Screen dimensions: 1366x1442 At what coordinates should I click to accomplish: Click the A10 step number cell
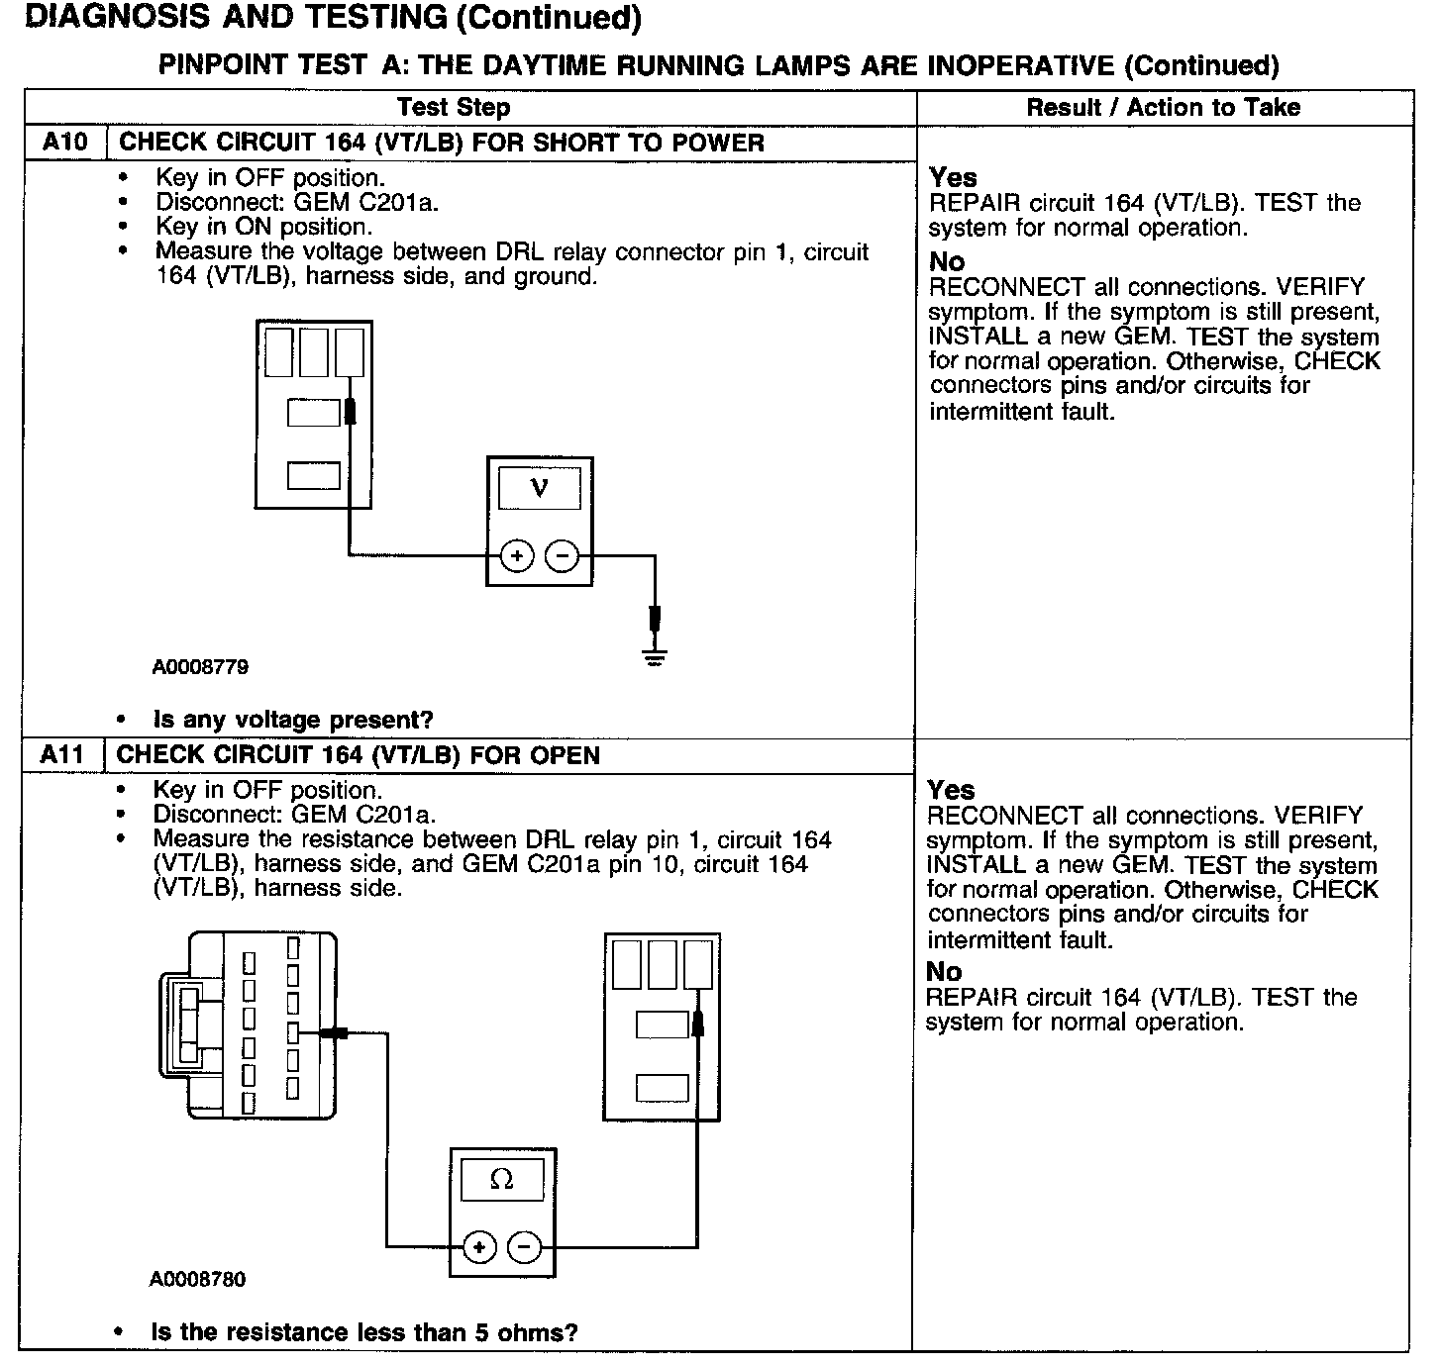pos(65,142)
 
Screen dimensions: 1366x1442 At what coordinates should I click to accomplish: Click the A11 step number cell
pos(63,755)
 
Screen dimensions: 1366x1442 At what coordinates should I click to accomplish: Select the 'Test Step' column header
pos(454,107)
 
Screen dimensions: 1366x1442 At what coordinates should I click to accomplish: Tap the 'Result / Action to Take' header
pos(1164,107)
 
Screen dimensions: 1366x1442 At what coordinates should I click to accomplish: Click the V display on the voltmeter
pos(539,488)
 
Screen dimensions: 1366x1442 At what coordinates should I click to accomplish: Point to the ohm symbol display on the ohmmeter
pos(502,1179)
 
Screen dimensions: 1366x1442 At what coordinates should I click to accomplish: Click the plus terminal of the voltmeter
pos(516,556)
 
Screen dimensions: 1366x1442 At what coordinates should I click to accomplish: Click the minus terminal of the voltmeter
pos(563,556)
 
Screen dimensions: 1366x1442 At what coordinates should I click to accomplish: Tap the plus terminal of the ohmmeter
pos(479,1246)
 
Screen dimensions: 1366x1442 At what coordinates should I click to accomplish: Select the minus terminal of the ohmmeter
pos(526,1246)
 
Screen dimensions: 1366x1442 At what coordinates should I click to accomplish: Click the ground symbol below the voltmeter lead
pos(655,655)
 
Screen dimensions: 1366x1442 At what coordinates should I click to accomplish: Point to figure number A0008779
pos(200,667)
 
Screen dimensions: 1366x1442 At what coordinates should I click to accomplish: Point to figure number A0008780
pos(198,1279)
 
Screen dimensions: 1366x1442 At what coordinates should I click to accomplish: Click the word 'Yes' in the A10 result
pos(953,177)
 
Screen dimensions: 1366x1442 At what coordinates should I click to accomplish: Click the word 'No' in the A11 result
pos(944,971)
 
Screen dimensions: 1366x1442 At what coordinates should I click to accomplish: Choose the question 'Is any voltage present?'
pos(293,720)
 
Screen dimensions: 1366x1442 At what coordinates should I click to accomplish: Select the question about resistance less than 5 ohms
pos(363,1332)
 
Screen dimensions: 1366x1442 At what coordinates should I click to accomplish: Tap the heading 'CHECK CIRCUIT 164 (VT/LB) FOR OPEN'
pos(359,755)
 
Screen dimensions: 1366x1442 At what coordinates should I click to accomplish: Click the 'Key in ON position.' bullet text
pos(263,227)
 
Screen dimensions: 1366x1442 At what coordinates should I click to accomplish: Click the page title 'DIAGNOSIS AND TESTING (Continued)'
pos(331,18)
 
